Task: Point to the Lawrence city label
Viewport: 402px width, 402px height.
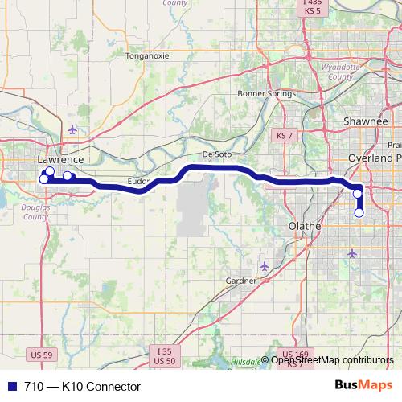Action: pos(60,160)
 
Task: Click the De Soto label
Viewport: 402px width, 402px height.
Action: pos(217,153)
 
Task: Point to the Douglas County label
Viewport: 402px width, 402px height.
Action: pos(35,212)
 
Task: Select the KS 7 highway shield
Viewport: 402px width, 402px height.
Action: pos(282,134)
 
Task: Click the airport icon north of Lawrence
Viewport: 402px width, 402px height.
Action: pos(73,129)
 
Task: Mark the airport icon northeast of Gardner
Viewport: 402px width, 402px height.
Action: pos(265,265)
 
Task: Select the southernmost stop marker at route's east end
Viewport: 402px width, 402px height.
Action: pos(359,213)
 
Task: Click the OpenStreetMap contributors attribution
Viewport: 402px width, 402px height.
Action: pos(332,359)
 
